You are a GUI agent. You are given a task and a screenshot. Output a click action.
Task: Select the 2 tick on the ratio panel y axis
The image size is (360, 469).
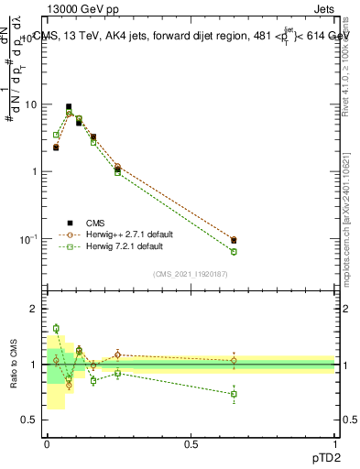coord(34,309)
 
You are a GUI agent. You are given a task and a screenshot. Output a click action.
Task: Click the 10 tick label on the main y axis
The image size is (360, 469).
coord(30,104)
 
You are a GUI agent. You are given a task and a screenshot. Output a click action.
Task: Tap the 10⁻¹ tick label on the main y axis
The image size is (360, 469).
coord(28,239)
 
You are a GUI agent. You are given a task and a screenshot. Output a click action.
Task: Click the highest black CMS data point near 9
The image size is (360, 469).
coord(69,107)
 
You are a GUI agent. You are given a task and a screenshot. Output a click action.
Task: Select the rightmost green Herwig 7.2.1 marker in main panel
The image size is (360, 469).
coord(234,251)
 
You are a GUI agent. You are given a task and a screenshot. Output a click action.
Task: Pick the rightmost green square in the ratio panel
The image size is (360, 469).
coord(234,394)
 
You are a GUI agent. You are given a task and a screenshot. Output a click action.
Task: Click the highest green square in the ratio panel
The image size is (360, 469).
coord(56,328)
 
